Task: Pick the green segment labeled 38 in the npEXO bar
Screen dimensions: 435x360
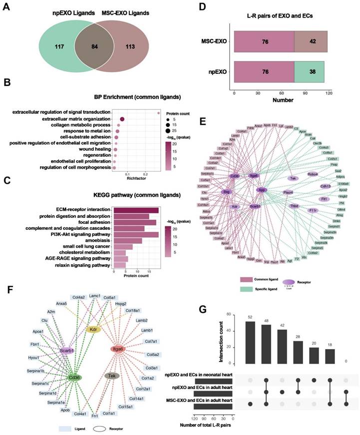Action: pyautogui.click(x=309, y=72)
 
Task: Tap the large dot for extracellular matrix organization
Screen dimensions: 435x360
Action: pyautogui.click(x=122, y=119)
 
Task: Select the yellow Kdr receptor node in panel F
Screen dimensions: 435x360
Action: pyautogui.click(x=93, y=329)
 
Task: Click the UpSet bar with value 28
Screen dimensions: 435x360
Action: pyautogui.click(x=298, y=353)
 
